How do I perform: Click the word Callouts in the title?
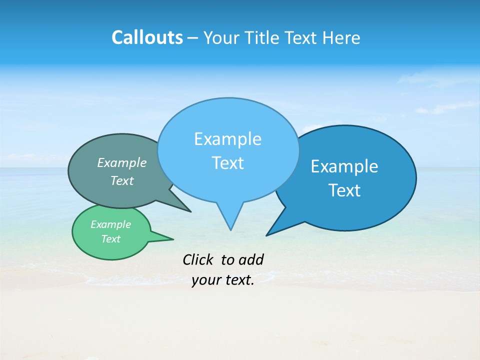pyautogui.click(x=147, y=37)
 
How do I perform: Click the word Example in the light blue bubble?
pyautogui.click(x=227, y=139)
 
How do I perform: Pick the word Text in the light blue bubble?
pyautogui.click(x=227, y=163)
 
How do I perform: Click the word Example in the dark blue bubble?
pyautogui.click(x=344, y=166)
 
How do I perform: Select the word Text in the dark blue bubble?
pyautogui.click(x=344, y=190)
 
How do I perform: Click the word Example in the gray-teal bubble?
pyautogui.click(x=122, y=162)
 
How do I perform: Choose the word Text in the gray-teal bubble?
pyautogui.click(x=122, y=180)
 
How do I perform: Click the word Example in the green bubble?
pyautogui.click(x=110, y=224)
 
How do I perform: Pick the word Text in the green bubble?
pyautogui.click(x=110, y=239)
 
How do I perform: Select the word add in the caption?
pyautogui.click(x=251, y=259)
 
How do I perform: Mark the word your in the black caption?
pyautogui.click(x=206, y=280)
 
